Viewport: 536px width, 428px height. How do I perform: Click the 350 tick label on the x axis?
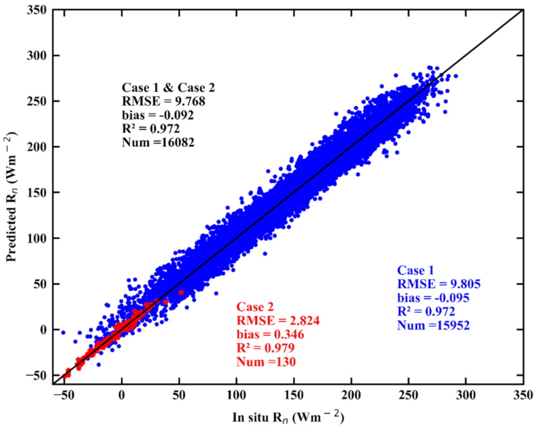tap(523, 394)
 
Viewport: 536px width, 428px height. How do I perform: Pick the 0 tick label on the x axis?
tap(122, 394)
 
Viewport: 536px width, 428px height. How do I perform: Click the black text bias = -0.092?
tap(158, 115)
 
